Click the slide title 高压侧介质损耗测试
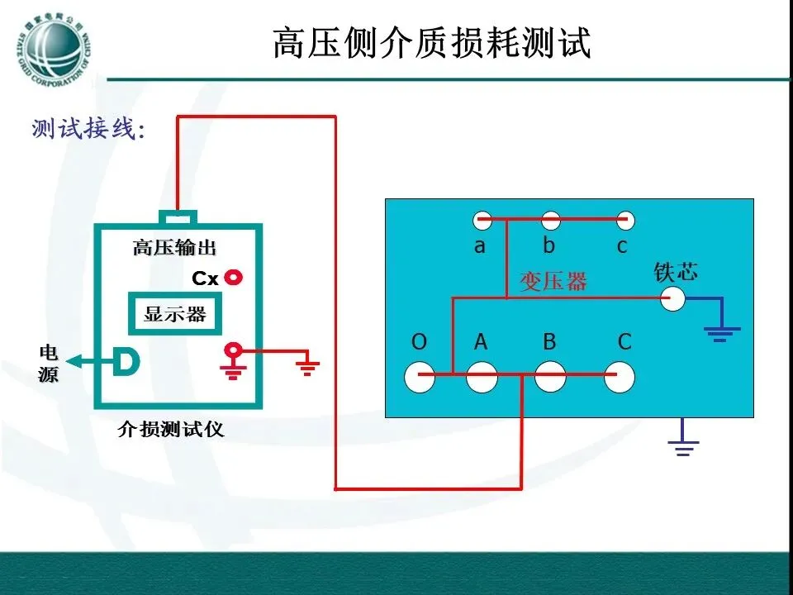432,43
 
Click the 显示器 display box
174,314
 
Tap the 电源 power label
49,364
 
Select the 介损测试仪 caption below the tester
171,430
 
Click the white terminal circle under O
420,377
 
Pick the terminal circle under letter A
482,377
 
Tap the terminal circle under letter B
550,377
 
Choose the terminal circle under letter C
620,377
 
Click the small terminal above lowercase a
482,220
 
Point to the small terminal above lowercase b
551,220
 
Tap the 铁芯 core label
675,272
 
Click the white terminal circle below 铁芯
673,298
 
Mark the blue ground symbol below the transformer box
683,447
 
